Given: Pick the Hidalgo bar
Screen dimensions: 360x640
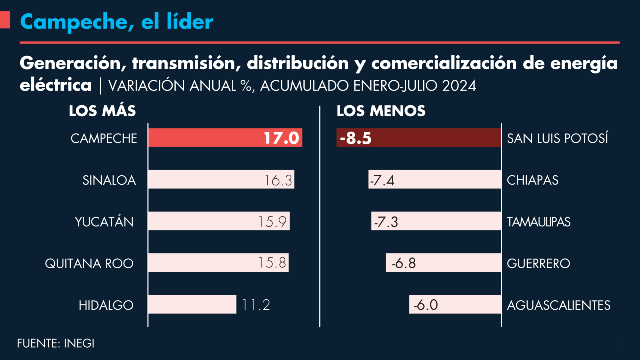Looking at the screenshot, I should point(192,304).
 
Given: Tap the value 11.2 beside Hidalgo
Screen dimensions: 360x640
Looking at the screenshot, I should point(256,305).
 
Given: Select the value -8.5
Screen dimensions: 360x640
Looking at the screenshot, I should point(355,138).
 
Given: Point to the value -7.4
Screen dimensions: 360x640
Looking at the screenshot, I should point(382,180).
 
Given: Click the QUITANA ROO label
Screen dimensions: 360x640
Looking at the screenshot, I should point(89,263).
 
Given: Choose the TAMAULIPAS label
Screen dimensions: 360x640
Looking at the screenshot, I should point(539,222).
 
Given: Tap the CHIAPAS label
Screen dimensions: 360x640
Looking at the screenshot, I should point(533,180).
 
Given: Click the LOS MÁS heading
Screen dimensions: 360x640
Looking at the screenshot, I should point(102,111).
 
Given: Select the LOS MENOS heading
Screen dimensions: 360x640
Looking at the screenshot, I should point(381,111).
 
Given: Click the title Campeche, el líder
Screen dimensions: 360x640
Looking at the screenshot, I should point(117,21).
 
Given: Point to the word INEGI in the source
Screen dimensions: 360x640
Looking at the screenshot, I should point(79,344).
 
